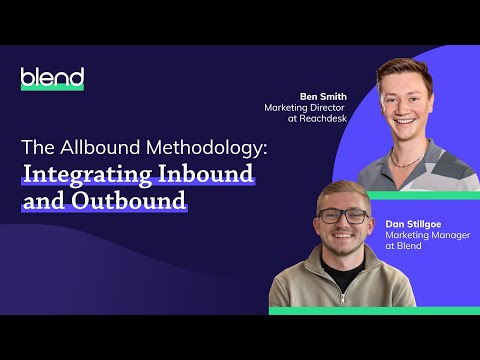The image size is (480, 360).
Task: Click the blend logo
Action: pos(53,78)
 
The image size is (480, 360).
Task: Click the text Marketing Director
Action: pos(308,108)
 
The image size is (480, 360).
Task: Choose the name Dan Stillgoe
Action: pos(413,225)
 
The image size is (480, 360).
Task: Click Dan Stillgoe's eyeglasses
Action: pos(343,216)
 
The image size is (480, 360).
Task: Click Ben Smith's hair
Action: pos(404,73)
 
